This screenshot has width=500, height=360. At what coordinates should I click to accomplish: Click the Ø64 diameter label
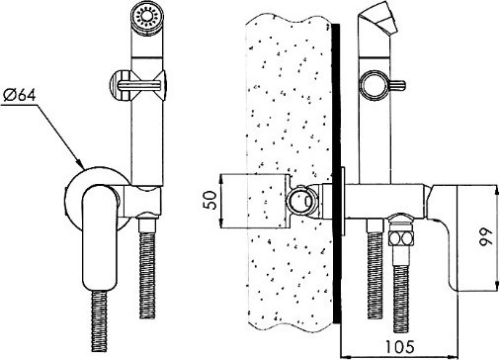coord(20,95)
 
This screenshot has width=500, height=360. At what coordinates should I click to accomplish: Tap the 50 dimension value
coord(210,200)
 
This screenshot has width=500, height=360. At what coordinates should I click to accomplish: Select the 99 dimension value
coord(486,236)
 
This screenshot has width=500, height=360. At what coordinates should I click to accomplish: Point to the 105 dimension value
coord(399,346)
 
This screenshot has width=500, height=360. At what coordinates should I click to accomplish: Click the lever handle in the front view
coord(99,237)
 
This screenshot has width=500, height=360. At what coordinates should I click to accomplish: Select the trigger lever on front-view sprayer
coord(138,86)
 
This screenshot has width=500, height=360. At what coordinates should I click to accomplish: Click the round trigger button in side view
coord(375,86)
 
